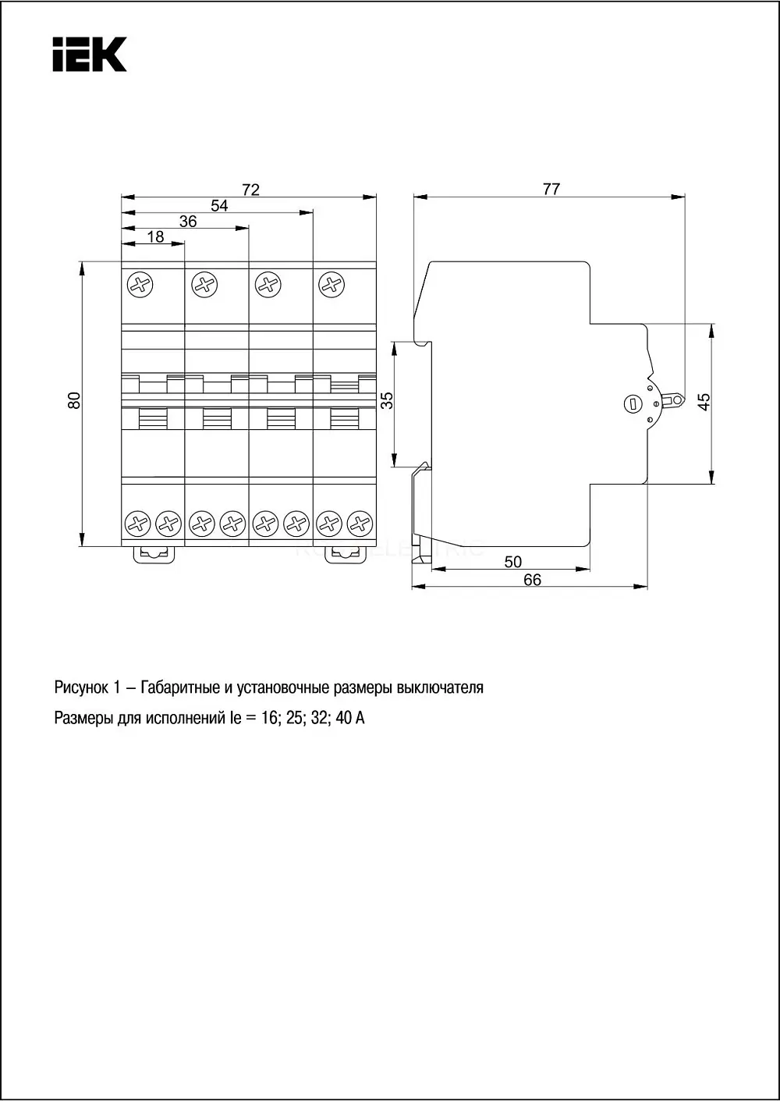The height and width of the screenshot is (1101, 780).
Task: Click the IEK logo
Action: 90,54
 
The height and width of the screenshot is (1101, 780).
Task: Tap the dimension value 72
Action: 250,190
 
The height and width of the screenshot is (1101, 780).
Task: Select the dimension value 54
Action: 219,205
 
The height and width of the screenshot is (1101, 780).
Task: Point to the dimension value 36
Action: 188,221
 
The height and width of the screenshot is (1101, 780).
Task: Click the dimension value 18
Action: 155,237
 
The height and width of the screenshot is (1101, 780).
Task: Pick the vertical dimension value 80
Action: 73,400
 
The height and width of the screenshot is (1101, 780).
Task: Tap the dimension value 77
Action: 551,189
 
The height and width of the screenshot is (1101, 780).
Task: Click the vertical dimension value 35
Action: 388,400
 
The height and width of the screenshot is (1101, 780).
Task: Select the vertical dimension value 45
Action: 704,402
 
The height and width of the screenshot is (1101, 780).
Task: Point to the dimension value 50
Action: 512,561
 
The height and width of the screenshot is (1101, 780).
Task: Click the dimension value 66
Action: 532,580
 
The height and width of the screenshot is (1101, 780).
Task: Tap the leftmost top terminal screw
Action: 140,285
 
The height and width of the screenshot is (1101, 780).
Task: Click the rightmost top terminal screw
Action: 331,285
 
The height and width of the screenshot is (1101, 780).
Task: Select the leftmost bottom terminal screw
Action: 137,524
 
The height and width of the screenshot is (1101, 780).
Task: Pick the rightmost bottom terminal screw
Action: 360,524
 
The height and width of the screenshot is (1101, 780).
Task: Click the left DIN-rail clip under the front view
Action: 154,555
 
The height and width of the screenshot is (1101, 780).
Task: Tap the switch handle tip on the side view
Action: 677,400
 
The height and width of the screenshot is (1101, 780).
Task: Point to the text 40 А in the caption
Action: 350,718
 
